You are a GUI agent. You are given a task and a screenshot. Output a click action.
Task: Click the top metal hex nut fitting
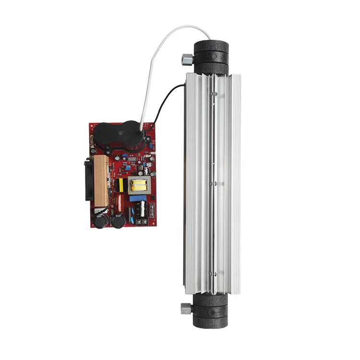(x=185, y=60)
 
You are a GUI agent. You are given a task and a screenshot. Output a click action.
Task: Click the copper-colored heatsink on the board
(x=101, y=180)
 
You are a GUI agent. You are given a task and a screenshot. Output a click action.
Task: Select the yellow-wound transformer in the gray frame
(x=140, y=185)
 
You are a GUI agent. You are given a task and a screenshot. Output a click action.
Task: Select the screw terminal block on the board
(x=142, y=222)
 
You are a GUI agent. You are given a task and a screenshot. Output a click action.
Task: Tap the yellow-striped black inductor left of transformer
(x=121, y=185)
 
